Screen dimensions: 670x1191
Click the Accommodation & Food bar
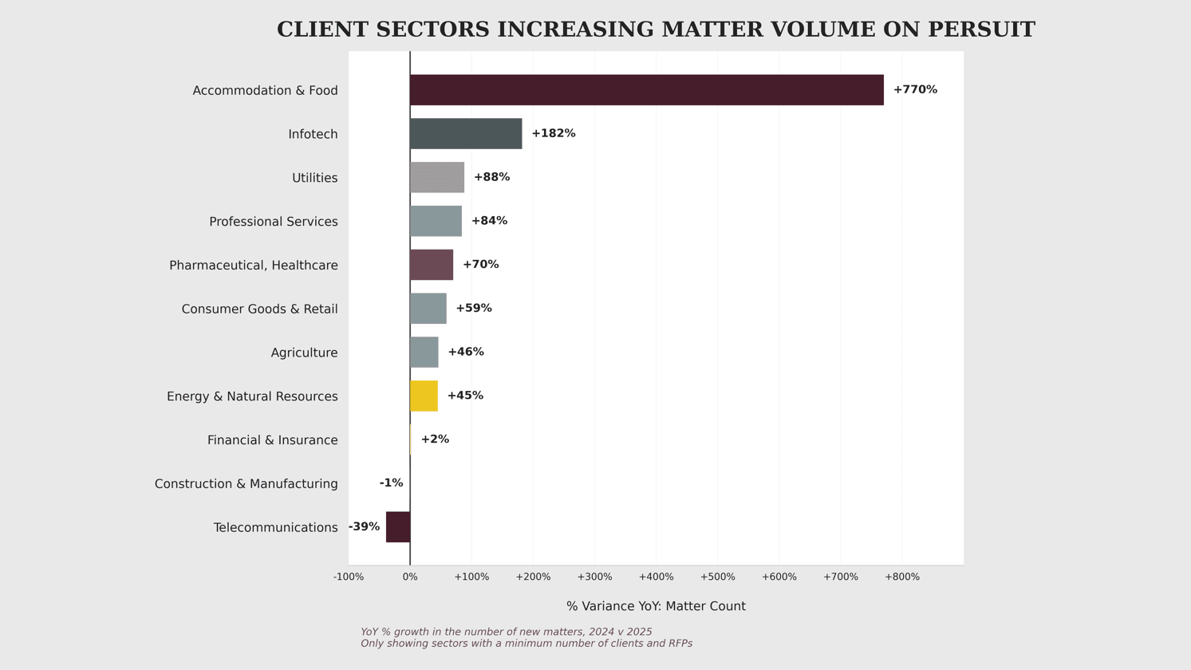click(x=646, y=90)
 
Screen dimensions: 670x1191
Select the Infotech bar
click(x=466, y=134)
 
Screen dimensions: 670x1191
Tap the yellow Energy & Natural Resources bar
click(x=424, y=396)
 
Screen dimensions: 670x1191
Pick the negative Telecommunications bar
click(x=398, y=527)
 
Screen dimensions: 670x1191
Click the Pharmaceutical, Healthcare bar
click(x=432, y=265)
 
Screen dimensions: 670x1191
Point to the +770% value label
click(x=915, y=90)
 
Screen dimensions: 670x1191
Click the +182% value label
click(x=553, y=134)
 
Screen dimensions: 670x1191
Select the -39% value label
click(x=364, y=527)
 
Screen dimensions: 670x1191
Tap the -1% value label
click(x=391, y=483)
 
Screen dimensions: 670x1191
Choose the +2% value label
click(x=435, y=439)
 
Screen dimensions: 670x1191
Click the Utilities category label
click(x=314, y=178)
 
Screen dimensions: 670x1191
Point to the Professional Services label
click(x=273, y=222)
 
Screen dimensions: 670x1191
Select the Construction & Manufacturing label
click(x=246, y=484)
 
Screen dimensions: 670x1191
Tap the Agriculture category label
click(x=304, y=353)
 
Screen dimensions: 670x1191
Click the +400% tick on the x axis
click(x=656, y=577)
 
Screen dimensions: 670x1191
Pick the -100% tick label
click(x=348, y=577)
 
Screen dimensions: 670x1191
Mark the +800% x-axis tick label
click(x=901, y=577)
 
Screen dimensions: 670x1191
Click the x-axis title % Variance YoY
click(x=656, y=607)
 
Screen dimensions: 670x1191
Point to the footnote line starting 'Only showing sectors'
click(x=526, y=644)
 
